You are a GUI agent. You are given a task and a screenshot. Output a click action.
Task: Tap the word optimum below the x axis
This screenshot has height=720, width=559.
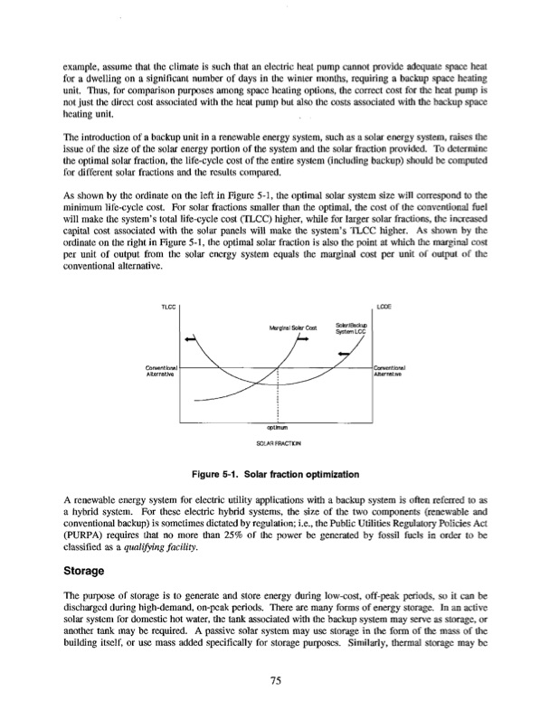(278, 428)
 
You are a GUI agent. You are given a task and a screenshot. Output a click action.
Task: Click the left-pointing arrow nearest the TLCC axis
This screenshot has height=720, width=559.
(190, 339)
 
